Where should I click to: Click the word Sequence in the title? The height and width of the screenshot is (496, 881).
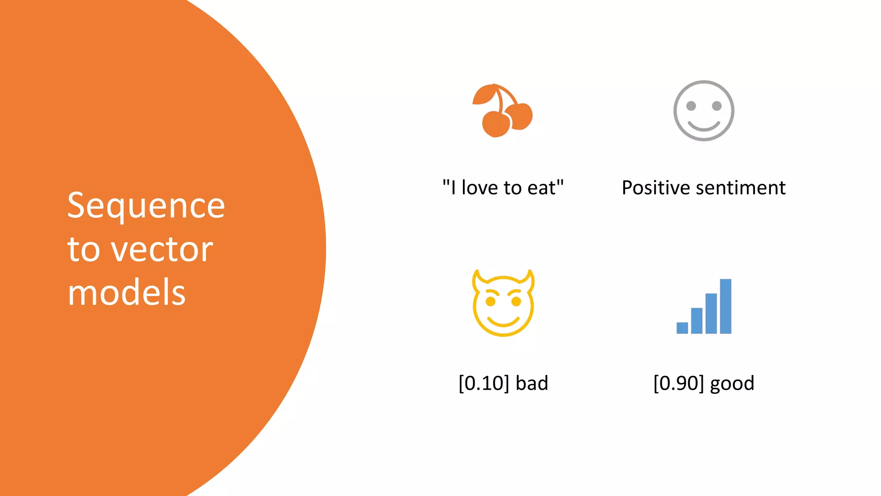tap(146, 206)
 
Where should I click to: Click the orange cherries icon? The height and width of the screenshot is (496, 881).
tap(502, 111)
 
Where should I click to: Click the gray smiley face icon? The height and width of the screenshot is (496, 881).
tap(704, 111)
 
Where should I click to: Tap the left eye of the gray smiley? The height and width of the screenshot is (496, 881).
tap(691, 106)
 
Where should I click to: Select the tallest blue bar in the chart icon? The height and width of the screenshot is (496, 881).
tap(726, 306)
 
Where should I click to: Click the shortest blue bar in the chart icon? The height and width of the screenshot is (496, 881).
tap(682, 328)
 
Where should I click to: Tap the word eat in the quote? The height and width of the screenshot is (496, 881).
tap(542, 188)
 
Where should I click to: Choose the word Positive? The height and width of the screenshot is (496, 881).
tap(656, 188)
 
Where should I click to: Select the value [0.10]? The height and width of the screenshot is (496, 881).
tap(484, 383)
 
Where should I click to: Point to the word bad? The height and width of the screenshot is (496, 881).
tap(532, 383)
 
